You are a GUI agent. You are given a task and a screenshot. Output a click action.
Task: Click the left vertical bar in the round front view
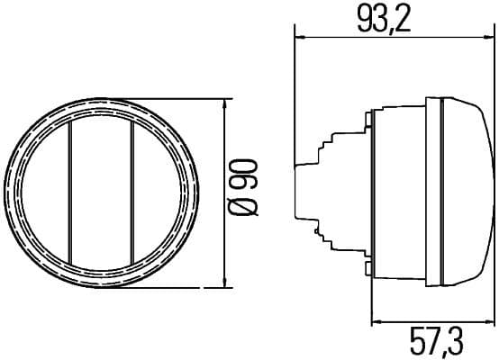70,192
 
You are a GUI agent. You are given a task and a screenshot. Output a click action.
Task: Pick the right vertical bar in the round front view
132,192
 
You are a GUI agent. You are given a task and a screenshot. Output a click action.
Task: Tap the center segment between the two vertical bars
101,192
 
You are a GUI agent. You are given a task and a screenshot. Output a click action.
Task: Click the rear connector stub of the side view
305,192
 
